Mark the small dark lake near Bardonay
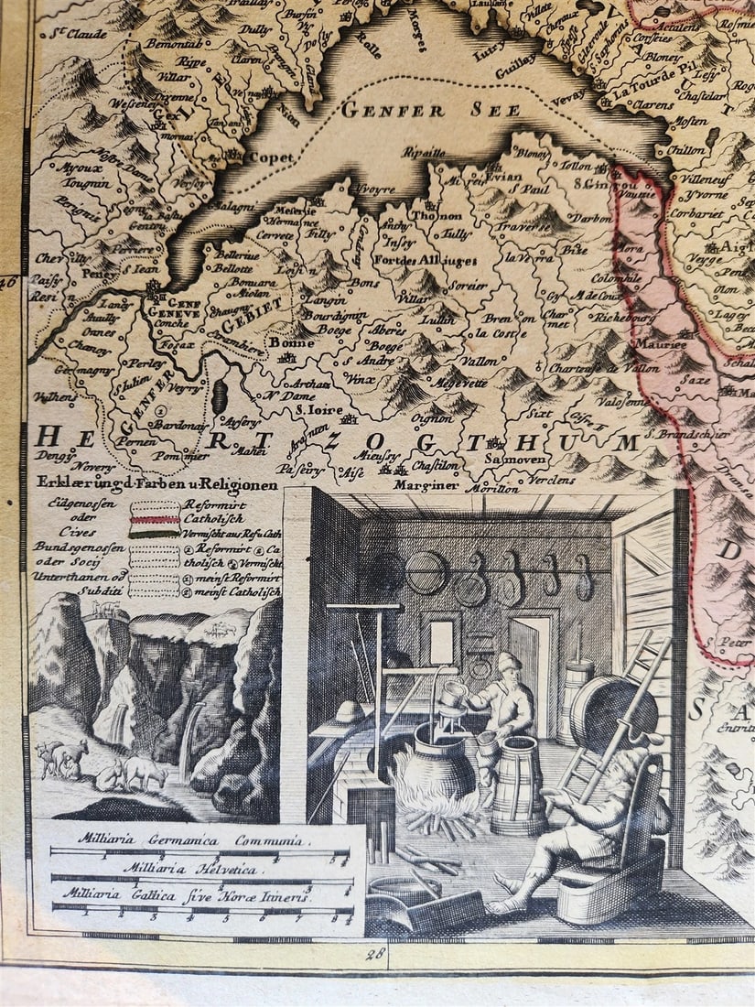click(x=220, y=396)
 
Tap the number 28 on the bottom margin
click(x=375, y=955)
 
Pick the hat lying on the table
click(x=348, y=710)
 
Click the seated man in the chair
click(x=586, y=815)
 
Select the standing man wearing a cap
click(x=505, y=696)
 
